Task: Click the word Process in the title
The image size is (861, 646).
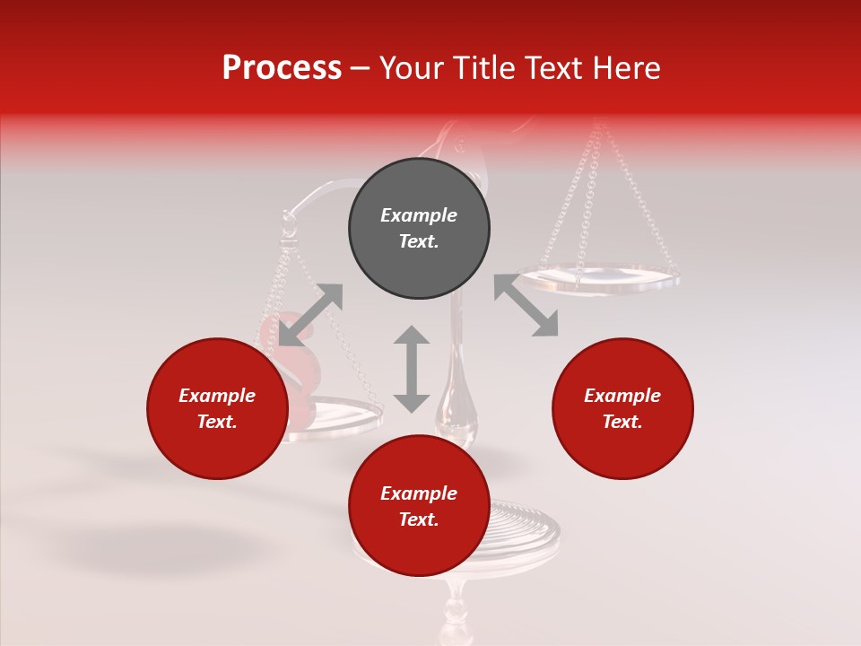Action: [282, 68]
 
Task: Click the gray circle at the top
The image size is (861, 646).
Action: [419, 229]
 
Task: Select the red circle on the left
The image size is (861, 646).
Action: [217, 409]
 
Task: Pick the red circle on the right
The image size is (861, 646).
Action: [622, 409]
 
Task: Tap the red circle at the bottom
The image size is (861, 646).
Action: [419, 506]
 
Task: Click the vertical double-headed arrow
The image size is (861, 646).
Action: [412, 369]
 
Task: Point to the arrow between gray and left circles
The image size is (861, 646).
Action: [310, 315]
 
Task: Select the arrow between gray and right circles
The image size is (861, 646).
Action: [526, 306]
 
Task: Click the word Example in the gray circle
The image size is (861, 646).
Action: [419, 215]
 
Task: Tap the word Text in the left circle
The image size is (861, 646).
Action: [217, 423]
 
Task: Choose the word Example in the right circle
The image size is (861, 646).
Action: [622, 396]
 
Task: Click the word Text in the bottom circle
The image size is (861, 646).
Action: [419, 519]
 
